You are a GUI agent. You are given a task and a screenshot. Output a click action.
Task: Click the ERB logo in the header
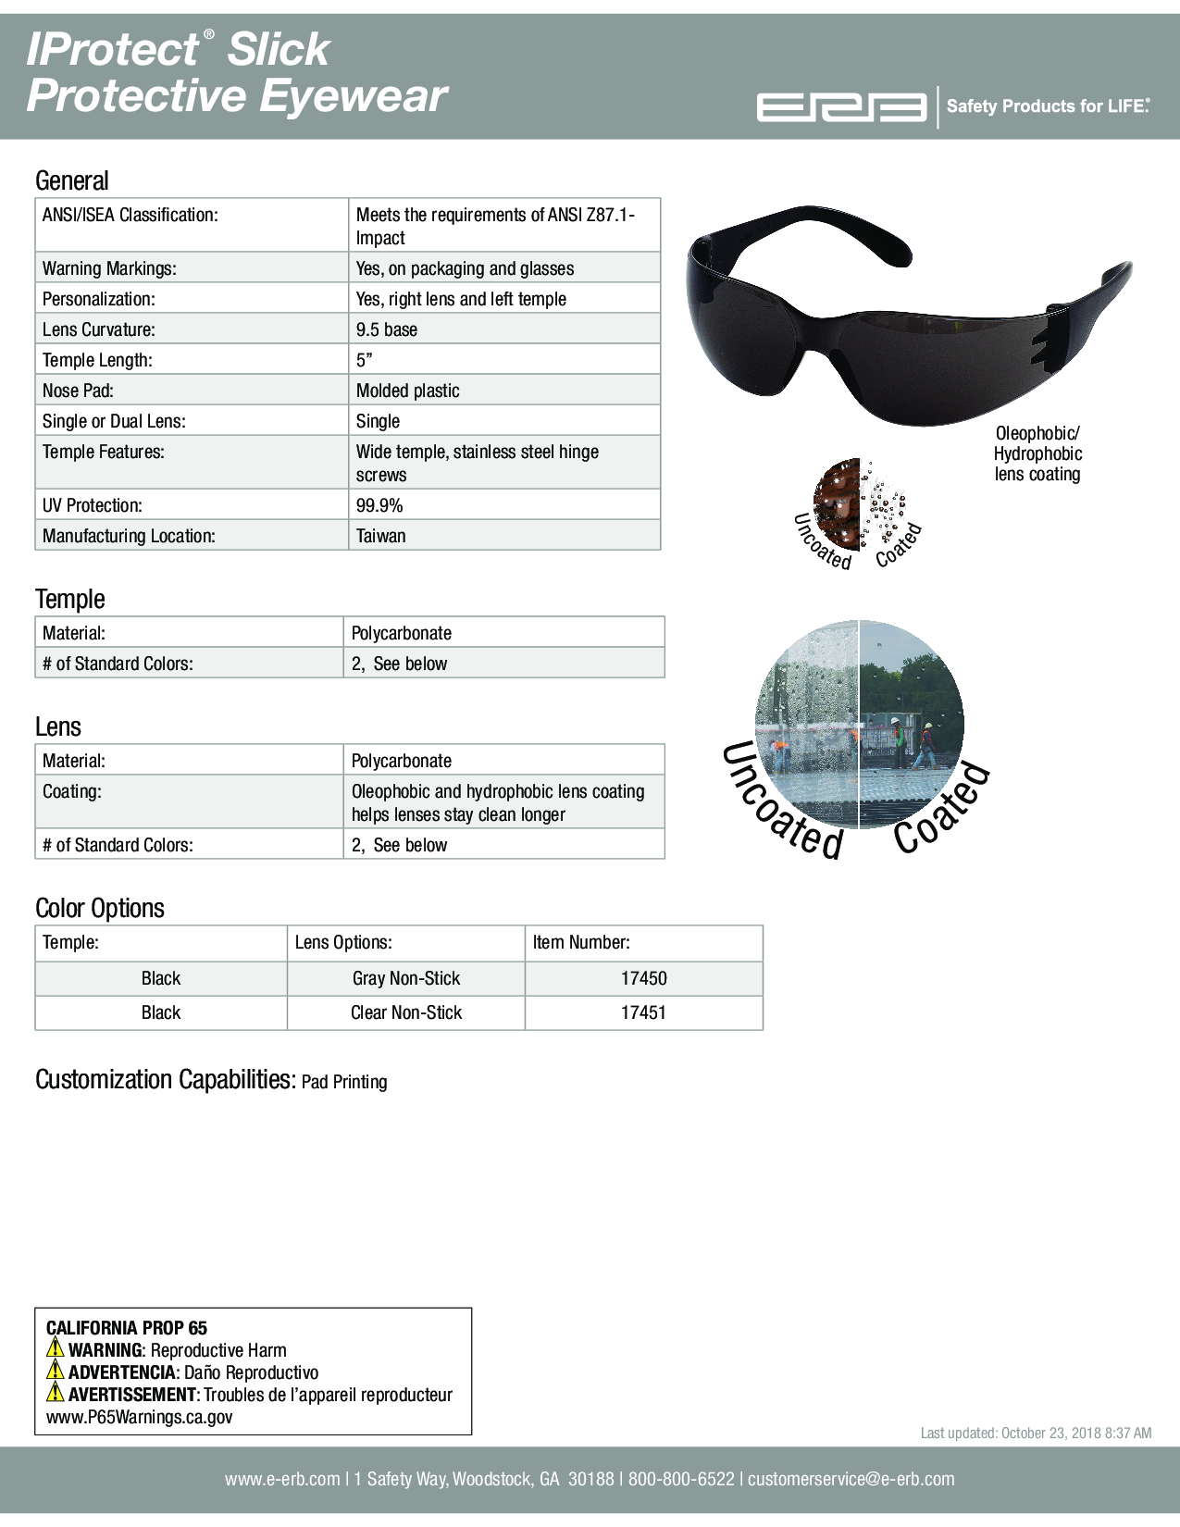[x=840, y=107]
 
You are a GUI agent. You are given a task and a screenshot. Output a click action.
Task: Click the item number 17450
[x=643, y=978]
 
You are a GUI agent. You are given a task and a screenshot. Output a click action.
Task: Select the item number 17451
[x=643, y=1012]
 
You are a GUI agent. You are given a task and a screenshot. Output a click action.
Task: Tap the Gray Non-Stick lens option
[x=406, y=978]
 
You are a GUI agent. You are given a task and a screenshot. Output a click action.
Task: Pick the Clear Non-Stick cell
[x=406, y=1012]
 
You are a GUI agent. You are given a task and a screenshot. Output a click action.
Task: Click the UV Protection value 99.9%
[x=379, y=505]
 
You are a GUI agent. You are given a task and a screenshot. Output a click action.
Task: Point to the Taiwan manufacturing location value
[x=381, y=536]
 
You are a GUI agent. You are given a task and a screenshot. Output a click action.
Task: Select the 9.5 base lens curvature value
[x=387, y=329]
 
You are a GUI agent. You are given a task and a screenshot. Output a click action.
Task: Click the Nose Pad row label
[x=78, y=391]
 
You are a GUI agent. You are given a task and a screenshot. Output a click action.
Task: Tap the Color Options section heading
[x=100, y=908]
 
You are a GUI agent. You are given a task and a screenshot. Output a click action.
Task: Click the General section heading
[x=72, y=180]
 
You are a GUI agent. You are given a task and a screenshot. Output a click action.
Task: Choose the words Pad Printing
[x=344, y=1082]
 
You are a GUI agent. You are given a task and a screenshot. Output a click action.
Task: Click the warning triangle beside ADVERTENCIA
[x=56, y=1371]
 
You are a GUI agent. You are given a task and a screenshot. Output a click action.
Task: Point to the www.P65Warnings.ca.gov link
[x=140, y=1417]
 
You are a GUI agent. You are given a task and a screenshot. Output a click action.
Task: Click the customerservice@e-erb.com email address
[x=851, y=1479]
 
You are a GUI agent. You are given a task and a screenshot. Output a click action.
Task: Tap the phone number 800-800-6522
[x=681, y=1479]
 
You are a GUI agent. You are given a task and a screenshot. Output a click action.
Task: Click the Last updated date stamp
[x=1036, y=1433]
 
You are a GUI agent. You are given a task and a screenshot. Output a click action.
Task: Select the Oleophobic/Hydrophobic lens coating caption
[x=1037, y=453]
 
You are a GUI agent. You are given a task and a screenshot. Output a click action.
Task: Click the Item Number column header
[x=581, y=942]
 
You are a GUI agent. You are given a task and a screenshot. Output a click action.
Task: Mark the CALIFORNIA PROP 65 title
[x=127, y=1328]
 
